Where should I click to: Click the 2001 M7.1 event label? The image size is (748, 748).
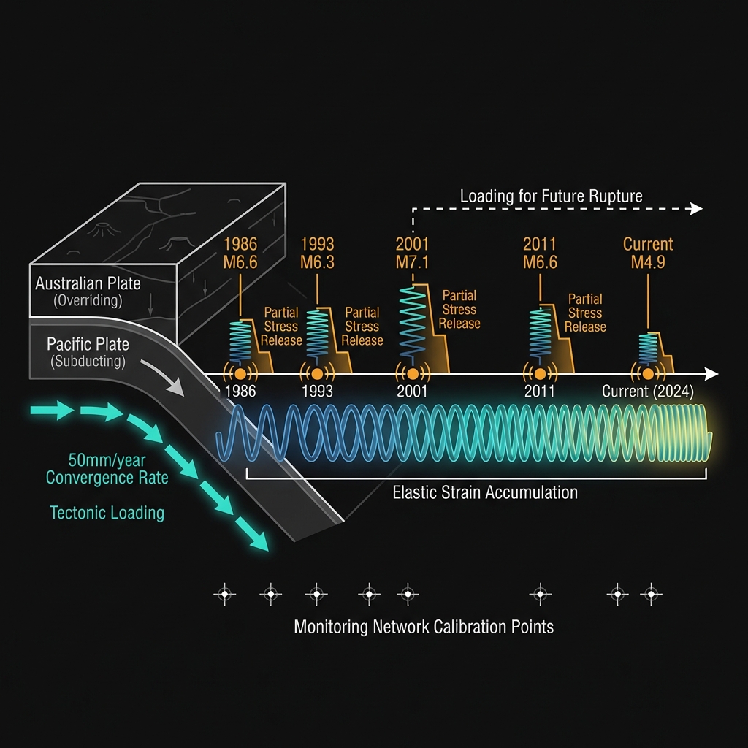pos(412,253)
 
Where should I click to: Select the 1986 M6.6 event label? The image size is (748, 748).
pos(240,253)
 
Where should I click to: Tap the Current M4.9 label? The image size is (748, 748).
pos(648,253)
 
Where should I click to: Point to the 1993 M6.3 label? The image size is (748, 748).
pos(317,253)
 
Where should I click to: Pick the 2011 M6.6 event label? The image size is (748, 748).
pos(540,253)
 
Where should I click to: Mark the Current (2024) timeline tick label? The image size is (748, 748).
pos(648,392)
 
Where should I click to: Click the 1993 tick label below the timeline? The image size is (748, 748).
pos(317,392)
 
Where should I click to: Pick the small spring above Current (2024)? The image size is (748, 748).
pos(648,348)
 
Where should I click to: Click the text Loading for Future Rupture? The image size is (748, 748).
pos(551,196)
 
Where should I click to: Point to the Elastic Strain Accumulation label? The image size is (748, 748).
pos(485,492)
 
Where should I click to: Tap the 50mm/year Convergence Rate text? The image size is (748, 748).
pos(107,469)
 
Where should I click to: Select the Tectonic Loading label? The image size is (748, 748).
pos(107,513)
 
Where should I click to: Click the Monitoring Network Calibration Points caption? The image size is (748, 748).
pos(424,627)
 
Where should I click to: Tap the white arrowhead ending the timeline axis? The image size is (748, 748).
pos(711,374)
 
